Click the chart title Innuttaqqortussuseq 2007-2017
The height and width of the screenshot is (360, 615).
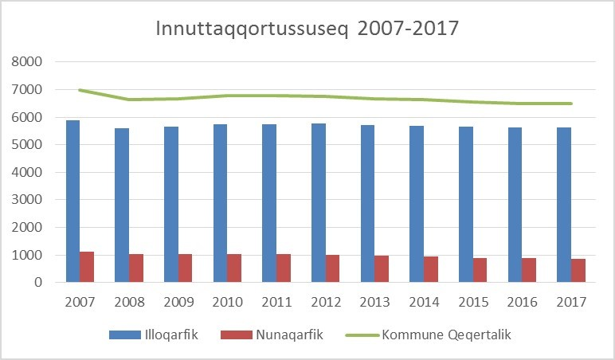pos(307,29)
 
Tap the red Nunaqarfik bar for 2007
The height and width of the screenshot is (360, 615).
pos(87,267)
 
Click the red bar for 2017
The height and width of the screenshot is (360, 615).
pos(578,270)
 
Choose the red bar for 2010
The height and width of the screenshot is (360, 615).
pos(234,268)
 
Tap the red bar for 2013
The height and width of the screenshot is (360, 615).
pos(381,268)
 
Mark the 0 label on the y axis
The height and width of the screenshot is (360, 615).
pos(36,283)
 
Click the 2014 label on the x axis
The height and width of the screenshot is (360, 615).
pos(423,303)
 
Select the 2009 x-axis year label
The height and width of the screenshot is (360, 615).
pos(178,303)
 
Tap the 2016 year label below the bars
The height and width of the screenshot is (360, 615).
pos(522,303)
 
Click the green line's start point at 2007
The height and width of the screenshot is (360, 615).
pos(80,90)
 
